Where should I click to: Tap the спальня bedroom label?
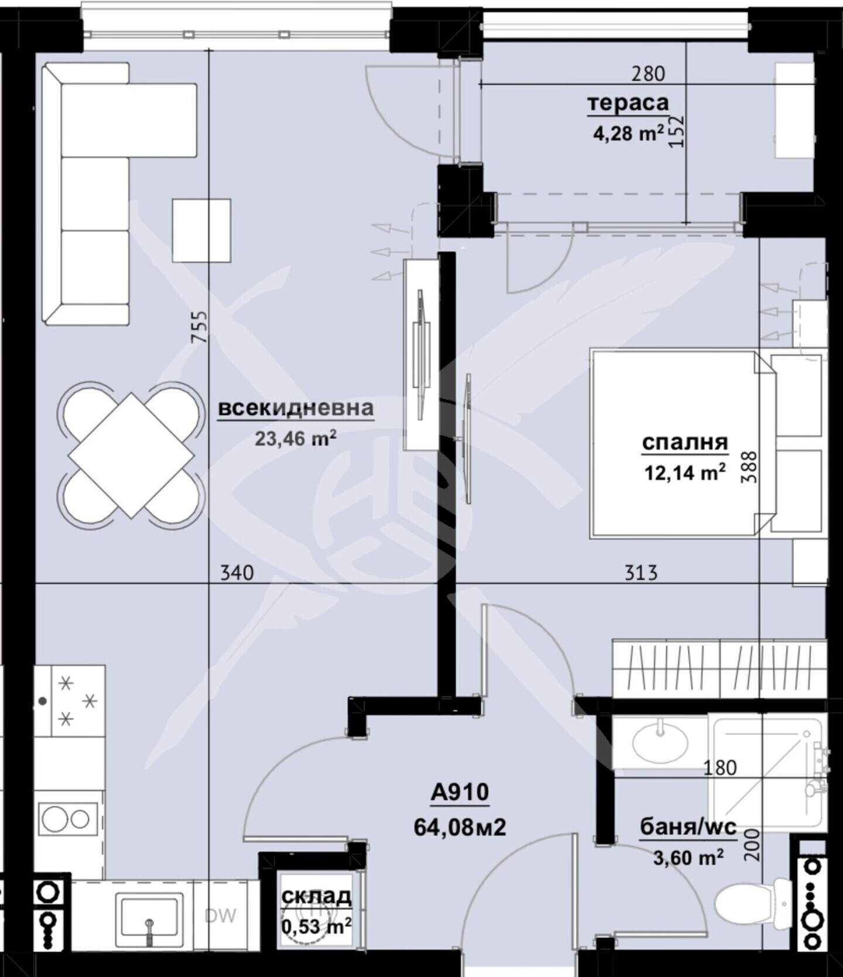tap(685, 443)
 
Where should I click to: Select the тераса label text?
tap(628, 103)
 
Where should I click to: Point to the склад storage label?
tap(316, 896)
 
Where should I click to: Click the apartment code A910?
tap(460, 793)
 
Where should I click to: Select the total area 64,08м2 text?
tap(460, 828)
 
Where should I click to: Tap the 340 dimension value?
tap(237, 572)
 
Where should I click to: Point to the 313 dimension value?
tap(641, 572)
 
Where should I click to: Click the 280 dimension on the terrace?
tap(649, 74)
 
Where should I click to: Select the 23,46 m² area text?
tap(296, 438)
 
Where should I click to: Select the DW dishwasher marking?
tap(221, 916)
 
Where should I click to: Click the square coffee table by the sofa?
tap(201, 230)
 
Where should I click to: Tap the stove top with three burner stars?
tap(78, 700)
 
